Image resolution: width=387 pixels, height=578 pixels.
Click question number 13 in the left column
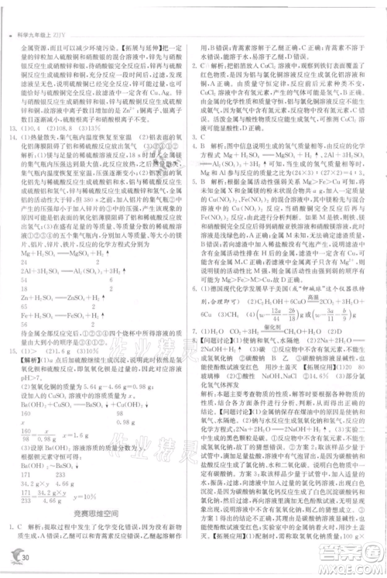point(13,107)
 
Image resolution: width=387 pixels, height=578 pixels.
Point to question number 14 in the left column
point(13,116)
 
